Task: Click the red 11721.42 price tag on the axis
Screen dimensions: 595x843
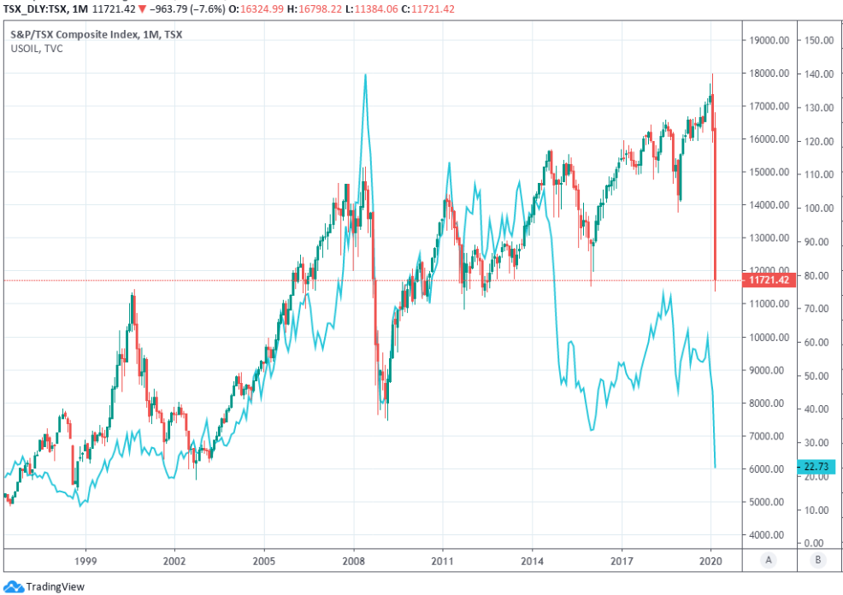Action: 769,280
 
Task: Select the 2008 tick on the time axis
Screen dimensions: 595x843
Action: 353,561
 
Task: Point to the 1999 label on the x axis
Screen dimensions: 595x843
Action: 85,561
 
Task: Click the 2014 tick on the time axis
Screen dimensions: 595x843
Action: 532,561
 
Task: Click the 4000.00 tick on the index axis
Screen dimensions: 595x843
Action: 767,535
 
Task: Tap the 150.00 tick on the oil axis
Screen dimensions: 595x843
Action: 819,40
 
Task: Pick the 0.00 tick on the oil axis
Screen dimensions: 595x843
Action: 816,543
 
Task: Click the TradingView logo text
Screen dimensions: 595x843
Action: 55,586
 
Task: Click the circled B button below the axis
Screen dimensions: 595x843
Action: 819,561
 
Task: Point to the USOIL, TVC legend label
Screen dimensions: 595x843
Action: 36,48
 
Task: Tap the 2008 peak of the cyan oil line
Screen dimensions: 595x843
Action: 366,74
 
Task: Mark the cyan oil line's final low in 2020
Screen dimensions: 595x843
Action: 715,468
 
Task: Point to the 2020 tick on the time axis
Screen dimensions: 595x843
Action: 711,561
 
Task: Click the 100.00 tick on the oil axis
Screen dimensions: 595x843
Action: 819,208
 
